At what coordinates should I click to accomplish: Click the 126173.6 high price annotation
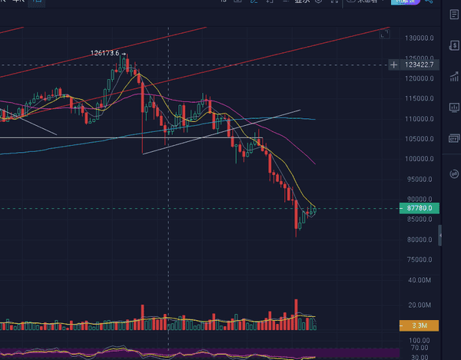(x=104, y=53)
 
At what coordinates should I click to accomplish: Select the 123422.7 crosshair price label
(x=423, y=64)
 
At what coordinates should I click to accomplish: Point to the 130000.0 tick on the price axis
(x=422, y=38)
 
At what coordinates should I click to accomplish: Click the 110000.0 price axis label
(x=422, y=119)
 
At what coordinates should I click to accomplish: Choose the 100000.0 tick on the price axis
(x=422, y=159)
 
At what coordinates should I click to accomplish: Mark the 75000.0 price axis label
(x=420, y=259)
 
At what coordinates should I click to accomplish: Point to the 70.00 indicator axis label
(x=419, y=348)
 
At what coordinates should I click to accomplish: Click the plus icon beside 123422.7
(x=394, y=64)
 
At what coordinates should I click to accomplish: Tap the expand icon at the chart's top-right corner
(x=384, y=34)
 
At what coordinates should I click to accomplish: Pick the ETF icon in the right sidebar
(x=453, y=140)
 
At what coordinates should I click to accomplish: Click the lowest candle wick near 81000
(x=297, y=234)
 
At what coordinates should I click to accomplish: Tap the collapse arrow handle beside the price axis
(x=440, y=234)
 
